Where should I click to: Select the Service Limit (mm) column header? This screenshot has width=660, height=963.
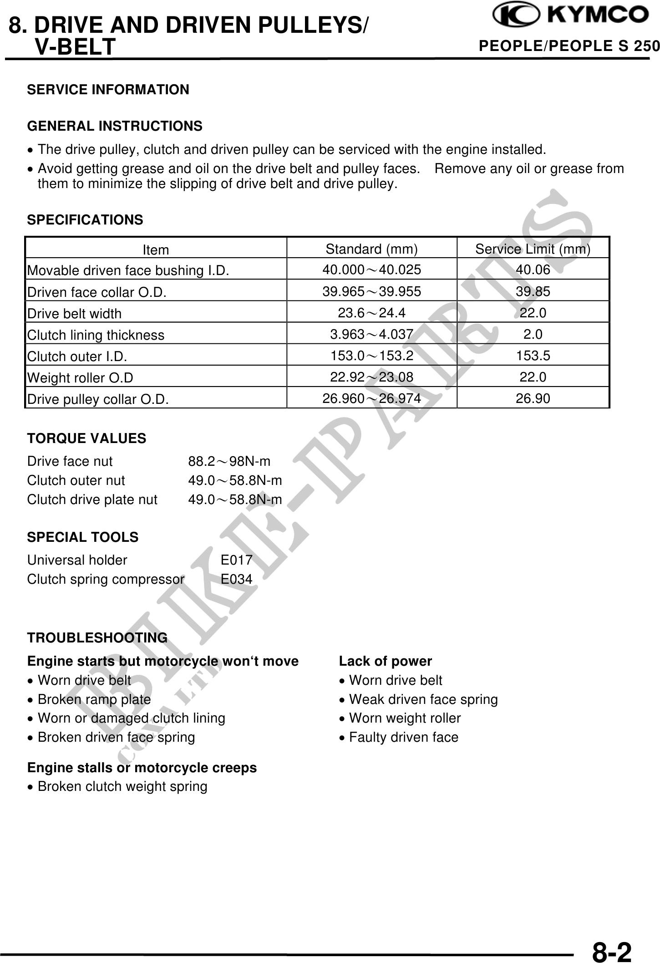click(533, 249)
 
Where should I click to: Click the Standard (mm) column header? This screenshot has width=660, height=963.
click(371, 249)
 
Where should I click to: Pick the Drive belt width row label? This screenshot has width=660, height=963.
click(75, 314)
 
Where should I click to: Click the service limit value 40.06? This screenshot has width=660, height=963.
click(533, 270)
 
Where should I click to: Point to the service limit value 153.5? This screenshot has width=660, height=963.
click(533, 356)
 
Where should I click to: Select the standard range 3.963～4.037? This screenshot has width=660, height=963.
click(371, 335)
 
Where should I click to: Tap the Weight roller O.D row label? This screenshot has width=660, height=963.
click(80, 378)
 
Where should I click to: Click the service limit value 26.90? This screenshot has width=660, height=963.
click(533, 399)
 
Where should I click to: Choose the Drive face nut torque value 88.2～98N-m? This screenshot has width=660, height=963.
click(229, 462)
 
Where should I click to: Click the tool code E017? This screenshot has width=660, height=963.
click(236, 560)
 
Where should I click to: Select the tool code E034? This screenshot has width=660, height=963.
click(236, 580)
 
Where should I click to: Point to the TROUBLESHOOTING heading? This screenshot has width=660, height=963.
click(97, 638)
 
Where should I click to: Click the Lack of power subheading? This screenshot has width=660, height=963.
click(385, 661)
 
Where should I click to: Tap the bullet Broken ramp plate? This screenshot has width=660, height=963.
click(94, 699)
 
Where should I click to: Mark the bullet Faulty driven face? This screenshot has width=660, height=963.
click(403, 737)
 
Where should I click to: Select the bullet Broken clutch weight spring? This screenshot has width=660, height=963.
click(122, 786)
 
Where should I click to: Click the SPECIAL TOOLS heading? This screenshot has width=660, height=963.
click(82, 537)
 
